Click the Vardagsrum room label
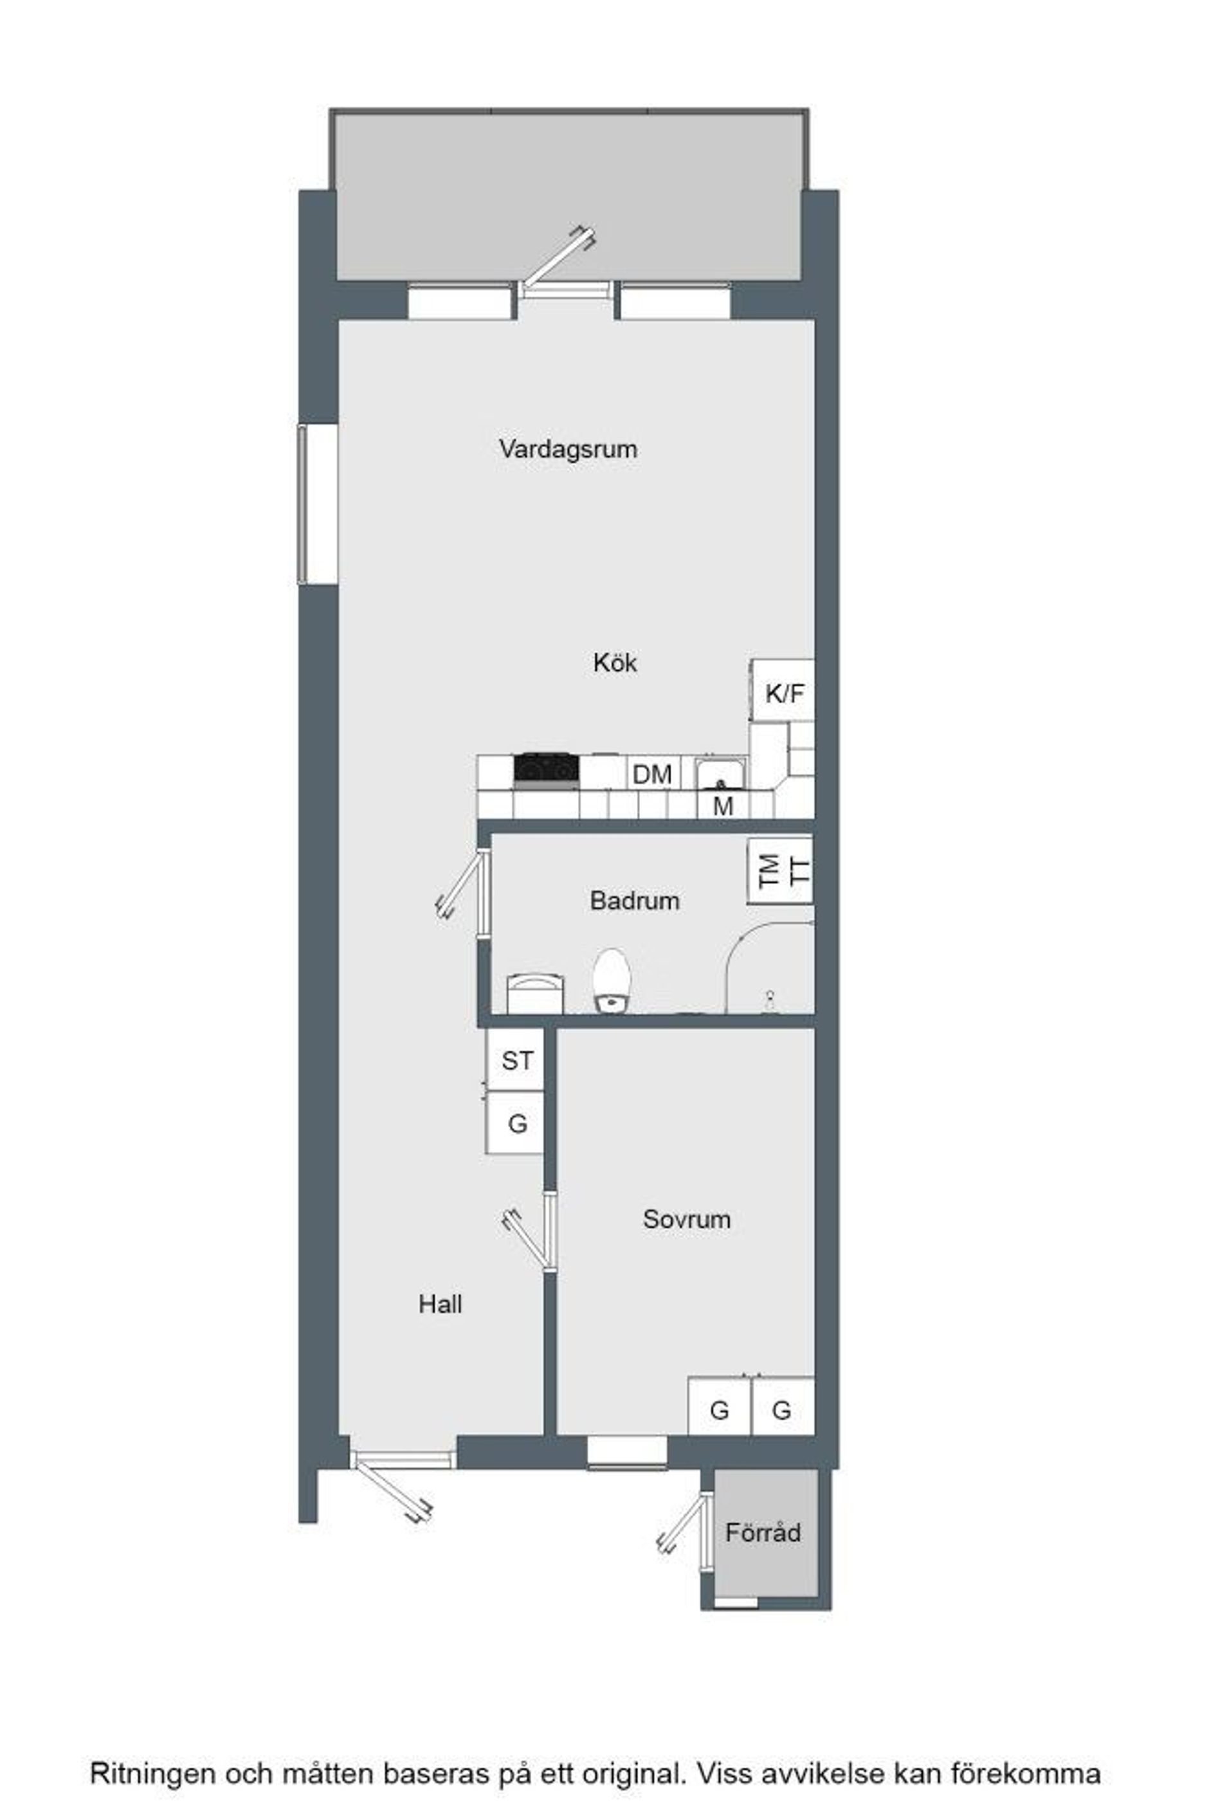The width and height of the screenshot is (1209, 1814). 568,449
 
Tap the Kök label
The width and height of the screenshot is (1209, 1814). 615,663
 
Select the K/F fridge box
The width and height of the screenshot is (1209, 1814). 782,690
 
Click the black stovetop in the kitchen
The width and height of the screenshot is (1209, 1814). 547,769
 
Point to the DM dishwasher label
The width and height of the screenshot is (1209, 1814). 652,774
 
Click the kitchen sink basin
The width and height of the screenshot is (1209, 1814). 721,774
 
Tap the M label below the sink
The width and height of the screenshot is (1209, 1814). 722,807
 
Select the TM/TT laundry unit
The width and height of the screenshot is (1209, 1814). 780,871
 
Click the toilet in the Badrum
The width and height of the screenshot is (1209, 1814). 613,980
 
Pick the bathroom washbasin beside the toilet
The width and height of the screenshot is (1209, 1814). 535,994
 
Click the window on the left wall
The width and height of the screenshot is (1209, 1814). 318,504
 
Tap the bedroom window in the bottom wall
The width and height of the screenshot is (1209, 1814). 627,1452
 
